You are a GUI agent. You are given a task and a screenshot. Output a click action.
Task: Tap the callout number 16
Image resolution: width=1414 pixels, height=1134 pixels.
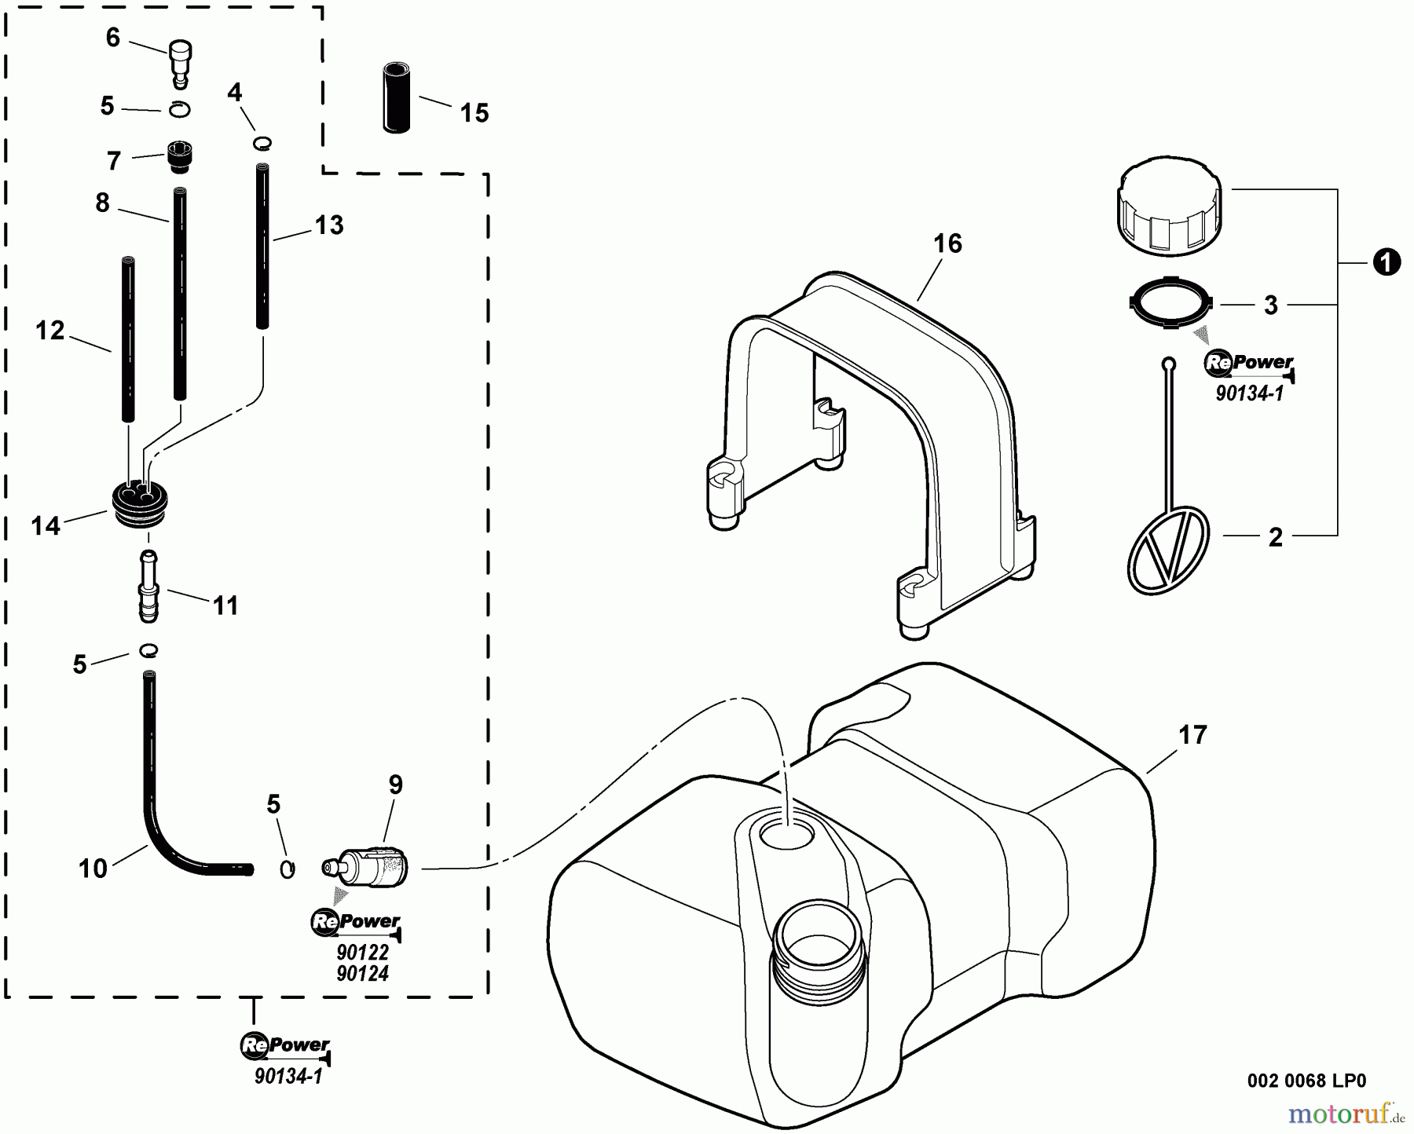947,243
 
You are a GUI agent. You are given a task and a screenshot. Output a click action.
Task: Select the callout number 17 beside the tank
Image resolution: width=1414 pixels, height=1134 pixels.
1192,736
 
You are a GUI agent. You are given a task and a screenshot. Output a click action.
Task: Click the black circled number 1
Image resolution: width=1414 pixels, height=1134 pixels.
1387,262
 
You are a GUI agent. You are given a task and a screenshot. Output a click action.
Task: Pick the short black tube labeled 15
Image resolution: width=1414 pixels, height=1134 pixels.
397,98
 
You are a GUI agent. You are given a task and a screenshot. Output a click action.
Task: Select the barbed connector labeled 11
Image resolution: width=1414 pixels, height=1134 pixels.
148,587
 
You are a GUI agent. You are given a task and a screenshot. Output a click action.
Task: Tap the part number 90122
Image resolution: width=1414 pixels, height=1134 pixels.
362,952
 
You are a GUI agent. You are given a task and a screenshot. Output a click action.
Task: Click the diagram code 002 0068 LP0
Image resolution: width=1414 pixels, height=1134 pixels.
1306,1081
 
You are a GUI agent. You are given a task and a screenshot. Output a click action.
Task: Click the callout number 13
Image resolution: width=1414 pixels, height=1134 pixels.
329,225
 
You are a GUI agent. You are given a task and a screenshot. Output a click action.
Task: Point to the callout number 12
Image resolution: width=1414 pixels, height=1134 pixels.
49,331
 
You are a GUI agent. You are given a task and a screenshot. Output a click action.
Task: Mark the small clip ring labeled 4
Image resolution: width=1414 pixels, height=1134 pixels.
262,142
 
